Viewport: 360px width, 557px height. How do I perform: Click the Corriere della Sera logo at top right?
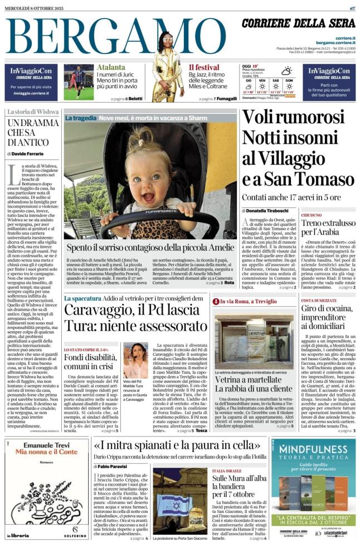click(298, 23)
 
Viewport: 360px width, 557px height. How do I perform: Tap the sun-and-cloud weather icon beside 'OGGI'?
click(286, 71)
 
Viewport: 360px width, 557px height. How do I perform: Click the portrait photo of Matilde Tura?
click(135, 360)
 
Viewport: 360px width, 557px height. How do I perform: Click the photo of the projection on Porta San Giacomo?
click(177, 501)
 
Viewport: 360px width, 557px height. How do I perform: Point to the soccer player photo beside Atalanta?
click(79, 82)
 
